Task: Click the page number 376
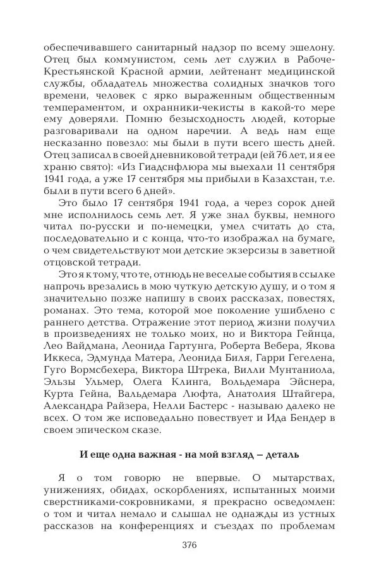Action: point(189,545)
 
